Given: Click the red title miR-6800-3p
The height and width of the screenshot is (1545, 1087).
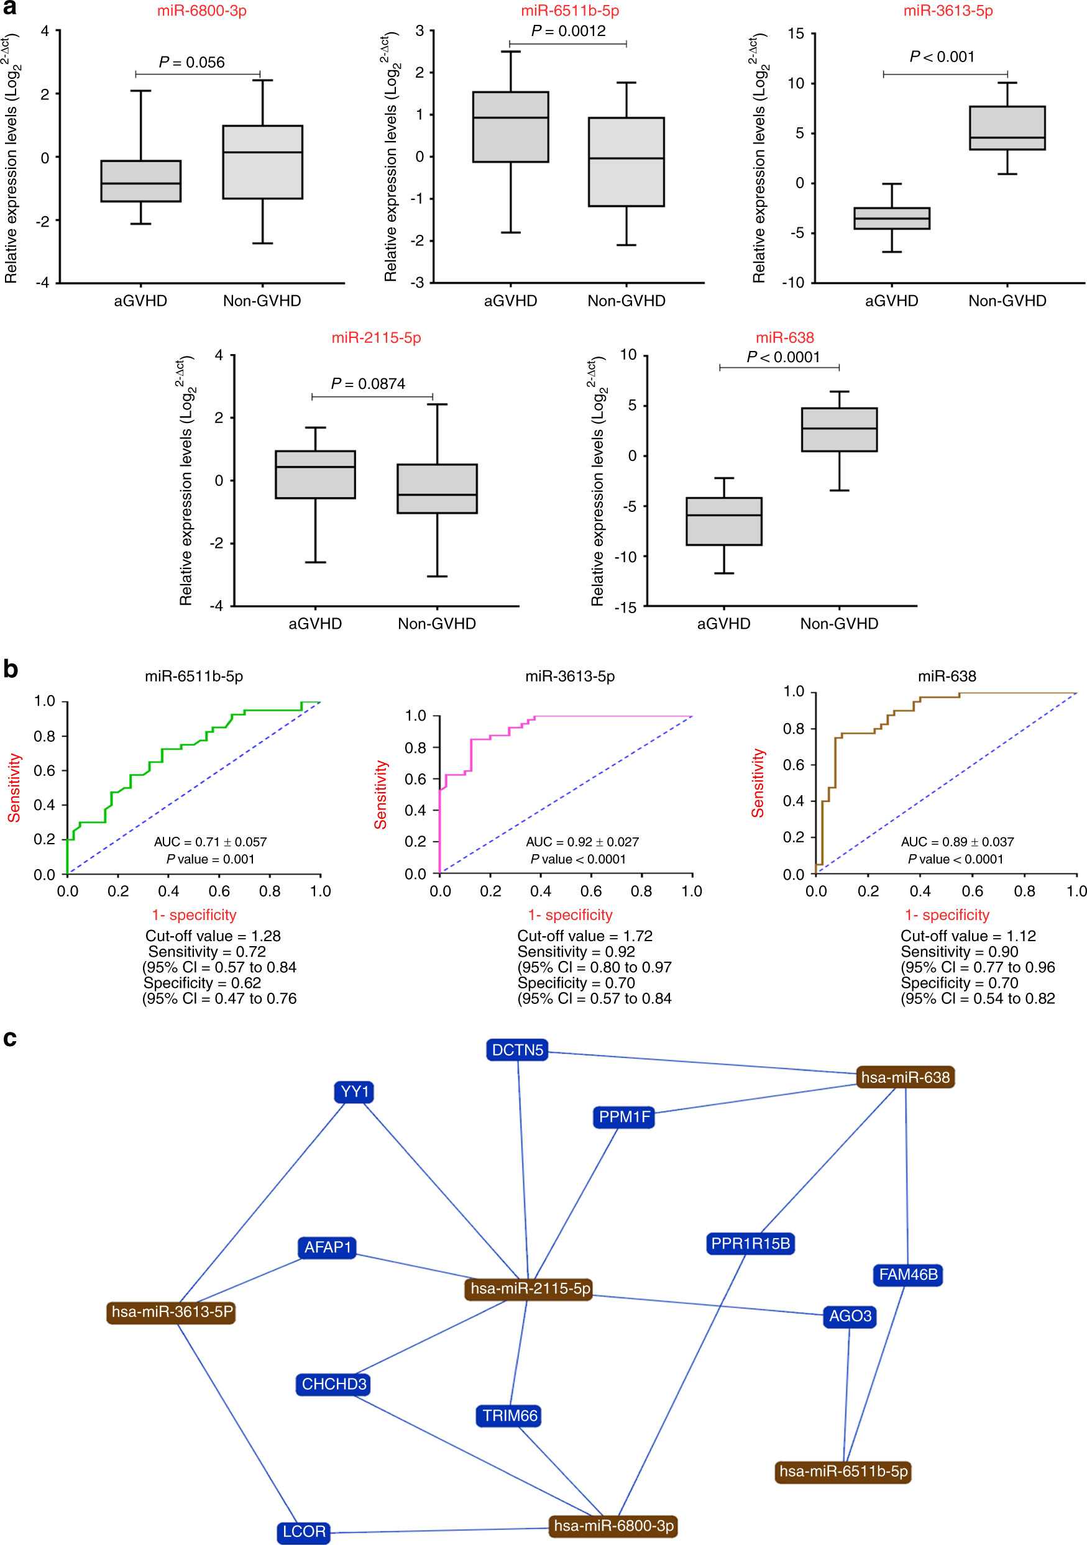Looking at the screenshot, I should tap(202, 11).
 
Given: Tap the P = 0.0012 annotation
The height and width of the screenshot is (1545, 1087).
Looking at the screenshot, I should tap(568, 31).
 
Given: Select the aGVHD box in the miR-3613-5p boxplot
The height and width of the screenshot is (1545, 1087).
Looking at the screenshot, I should tap(891, 218).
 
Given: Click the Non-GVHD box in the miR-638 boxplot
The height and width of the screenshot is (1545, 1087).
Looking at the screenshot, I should tap(838, 429).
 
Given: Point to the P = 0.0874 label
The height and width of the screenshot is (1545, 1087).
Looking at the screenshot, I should tap(367, 383).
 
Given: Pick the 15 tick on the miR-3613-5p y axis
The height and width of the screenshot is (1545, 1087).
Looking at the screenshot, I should tap(796, 34).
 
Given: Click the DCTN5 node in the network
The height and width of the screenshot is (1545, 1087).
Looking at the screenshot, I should tap(517, 1050).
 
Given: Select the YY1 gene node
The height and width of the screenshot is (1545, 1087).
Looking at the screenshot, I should tap(354, 1092).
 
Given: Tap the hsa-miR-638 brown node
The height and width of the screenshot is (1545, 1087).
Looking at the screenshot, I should tap(906, 1077).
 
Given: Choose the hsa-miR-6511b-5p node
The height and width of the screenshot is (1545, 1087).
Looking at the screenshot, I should tap(843, 1471).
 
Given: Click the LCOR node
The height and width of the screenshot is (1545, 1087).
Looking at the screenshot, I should tap(303, 1531).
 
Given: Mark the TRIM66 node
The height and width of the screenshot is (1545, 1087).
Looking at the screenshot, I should tap(510, 1416).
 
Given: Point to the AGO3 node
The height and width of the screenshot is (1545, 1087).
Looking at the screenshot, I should tap(850, 1316).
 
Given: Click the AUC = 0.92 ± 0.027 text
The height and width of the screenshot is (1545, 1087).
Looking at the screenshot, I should tap(582, 842).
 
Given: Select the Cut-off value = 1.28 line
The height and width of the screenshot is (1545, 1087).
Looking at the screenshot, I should tap(213, 936).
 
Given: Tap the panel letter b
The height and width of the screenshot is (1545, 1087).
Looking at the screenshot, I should tap(10, 669).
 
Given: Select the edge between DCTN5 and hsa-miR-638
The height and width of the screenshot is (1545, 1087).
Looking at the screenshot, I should tap(700, 1063).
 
